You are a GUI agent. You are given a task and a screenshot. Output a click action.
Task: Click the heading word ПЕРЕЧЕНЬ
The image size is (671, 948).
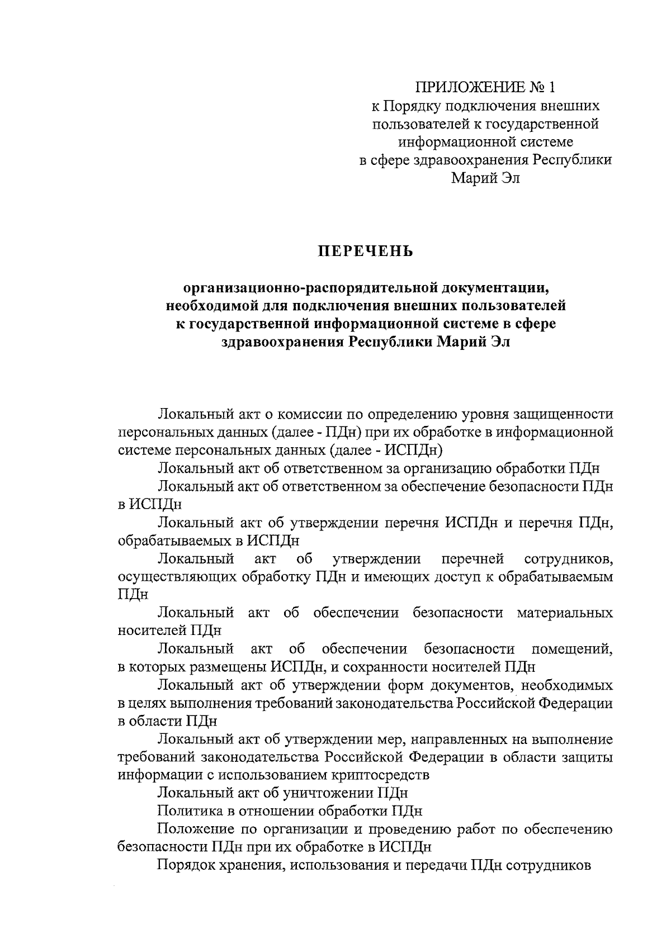[366, 252]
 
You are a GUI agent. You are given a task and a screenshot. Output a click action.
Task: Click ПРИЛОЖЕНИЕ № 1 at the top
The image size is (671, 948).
[485, 88]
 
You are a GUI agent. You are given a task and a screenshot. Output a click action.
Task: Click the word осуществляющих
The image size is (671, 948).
[178, 577]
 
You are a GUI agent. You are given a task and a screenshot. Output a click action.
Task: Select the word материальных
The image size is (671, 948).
[565, 613]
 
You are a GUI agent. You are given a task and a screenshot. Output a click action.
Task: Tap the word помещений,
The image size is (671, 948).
[572, 649]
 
